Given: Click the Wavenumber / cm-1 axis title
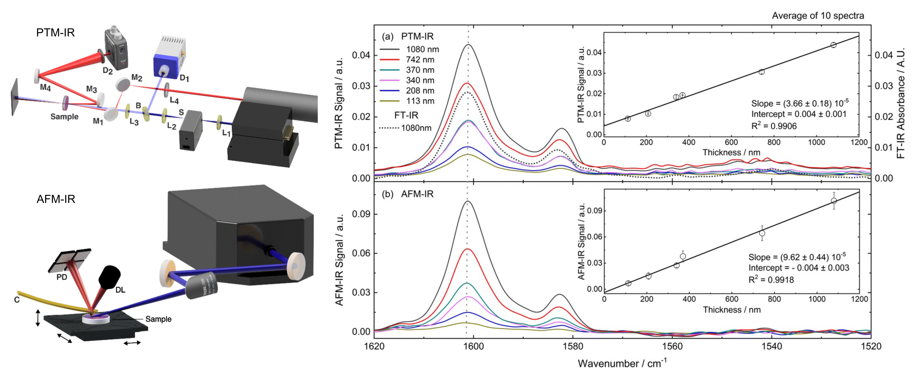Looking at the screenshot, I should pyautogui.click(x=622, y=363).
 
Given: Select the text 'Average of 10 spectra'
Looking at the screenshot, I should pyautogui.click(x=818, y=16).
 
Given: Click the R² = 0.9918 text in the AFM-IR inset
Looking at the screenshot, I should pyautogui.click(x=771, y=280).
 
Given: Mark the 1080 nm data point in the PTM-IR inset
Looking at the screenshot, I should pyautogui.click(x=833, y=45).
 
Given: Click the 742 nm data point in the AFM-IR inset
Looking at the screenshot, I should pyautogui.click(x=762, y=233).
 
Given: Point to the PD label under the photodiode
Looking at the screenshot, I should pyautogui.click(x=62, y=277).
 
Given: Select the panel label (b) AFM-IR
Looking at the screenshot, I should pyautogui.click(x=407, y=194).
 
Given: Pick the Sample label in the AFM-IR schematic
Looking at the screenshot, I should pyautogui.click(x=158, y=319).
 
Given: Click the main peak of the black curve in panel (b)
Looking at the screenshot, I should pyautogui.click(x=467, y=202).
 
